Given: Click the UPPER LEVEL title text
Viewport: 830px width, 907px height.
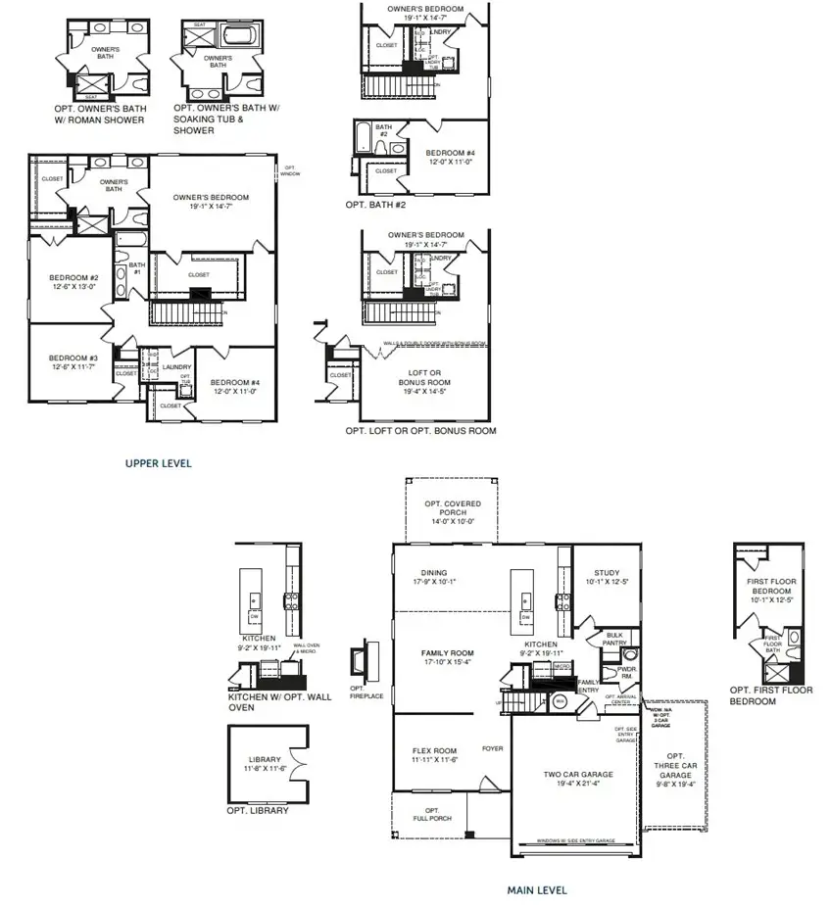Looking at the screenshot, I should (x=158, y=463).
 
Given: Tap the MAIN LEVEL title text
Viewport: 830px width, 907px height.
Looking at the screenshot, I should (x=536, y=890).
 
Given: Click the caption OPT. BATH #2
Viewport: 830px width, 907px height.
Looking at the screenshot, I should (x=375, y=205).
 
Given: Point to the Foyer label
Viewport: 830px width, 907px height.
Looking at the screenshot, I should (x=492, y=749).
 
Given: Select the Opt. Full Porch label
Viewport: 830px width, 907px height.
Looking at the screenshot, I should (x=431, y=814).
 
